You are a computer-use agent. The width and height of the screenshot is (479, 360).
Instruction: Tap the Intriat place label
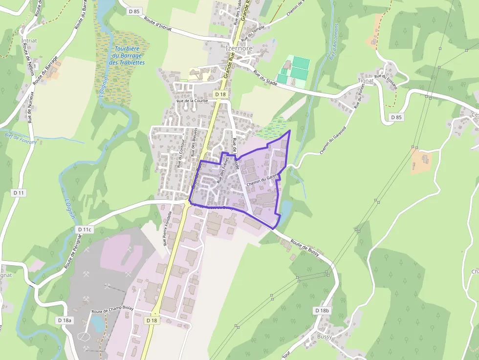click(x=29, y=41)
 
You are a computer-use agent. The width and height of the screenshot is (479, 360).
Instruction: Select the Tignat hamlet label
click(x=366, y=81)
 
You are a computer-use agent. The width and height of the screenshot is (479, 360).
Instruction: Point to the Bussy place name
click(x=324, y=337)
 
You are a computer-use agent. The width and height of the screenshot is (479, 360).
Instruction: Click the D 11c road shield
click(x=85, y=229)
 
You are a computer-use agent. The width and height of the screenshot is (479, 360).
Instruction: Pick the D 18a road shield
click(x=64, y=320)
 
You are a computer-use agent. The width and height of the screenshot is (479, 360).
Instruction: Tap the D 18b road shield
click(x=323, y=310)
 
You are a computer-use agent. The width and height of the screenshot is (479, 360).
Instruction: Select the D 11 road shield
click(x=19, y=193)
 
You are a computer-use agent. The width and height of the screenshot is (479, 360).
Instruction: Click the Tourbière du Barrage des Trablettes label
click(x=127, y=56)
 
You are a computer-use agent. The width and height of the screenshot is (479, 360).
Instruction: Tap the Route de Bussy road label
click(x=305, y=247)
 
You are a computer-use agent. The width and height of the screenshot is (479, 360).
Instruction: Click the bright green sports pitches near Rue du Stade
click(x=294, y=70)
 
